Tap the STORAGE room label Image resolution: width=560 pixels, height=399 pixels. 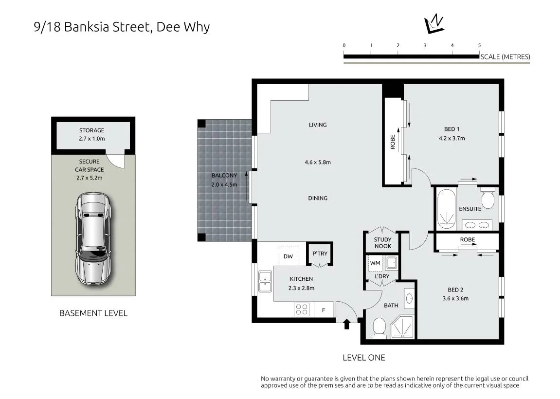pyautogui.click(x=92, y=130)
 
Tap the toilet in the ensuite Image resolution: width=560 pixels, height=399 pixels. pyautogui.click(x=488, y=198)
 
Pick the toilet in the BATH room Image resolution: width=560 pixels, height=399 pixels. pyautogui.click(x=379, y=327)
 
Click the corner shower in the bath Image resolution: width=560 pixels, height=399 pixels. pyautogui.click(x=402, y=327)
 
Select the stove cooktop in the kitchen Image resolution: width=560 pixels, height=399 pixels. pyautogui.click(x=302, y=309)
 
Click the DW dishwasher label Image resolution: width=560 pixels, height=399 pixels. pyautogui.click(x=288, y=256)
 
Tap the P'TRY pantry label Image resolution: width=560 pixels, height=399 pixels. pyautogui.click(x=320, y=254)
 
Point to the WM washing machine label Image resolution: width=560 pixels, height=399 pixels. pyautogui.click(x=375, y=263)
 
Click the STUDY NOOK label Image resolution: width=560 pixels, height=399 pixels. pyautogui.click(x=382, y=243)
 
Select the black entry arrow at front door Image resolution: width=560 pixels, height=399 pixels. pyautogui.click(x=346, y=324)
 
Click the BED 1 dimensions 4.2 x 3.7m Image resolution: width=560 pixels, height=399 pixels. pyautogui.click(x=452, y=138)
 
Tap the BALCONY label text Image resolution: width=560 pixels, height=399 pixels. pyautogui.click(x=224, y=175)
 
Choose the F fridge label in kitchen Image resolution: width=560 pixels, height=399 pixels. pyautogui.click(x=324, y=310)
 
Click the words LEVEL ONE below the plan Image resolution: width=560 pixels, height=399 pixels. pyautogui.click(x=364, y=358)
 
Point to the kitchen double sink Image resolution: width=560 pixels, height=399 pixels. pyautogui.click(x=265, y=282)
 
